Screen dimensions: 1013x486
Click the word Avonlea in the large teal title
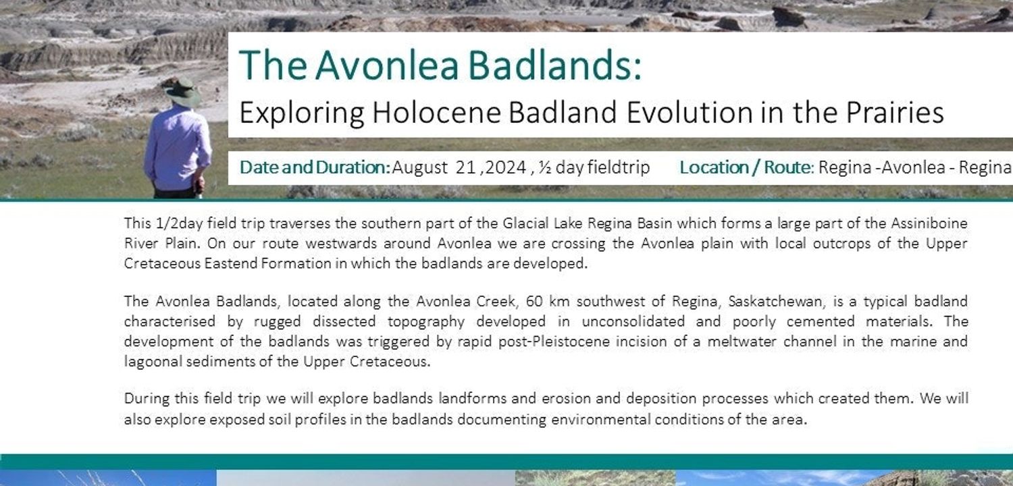point(388,65)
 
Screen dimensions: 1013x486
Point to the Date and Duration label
point(315,167)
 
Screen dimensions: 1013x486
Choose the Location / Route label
point(747,167)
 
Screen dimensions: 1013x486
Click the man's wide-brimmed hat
point(182,92)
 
